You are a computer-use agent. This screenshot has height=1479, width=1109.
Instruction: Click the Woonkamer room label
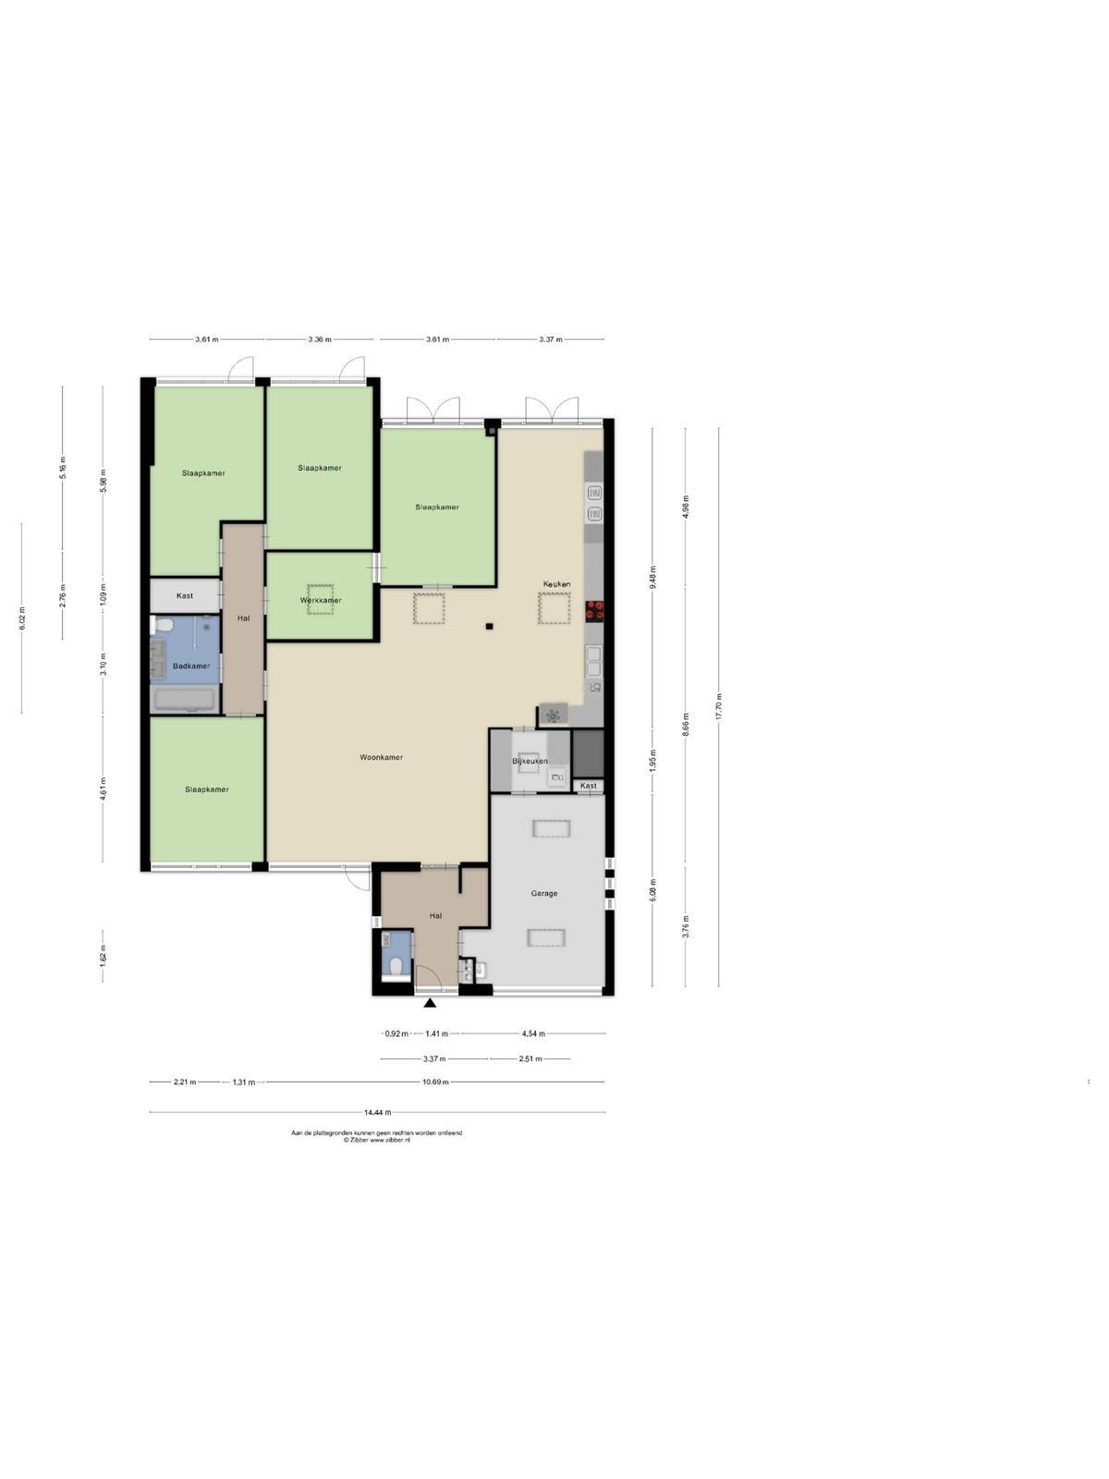coord(381,757)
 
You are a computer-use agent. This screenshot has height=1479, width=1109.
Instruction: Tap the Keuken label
coord(557,584)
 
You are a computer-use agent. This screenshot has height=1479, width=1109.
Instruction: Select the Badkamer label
coord(191,666)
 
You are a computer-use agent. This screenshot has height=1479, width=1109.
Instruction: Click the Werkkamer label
coord(321,600)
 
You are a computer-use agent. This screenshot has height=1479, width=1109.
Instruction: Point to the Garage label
coord(544,894)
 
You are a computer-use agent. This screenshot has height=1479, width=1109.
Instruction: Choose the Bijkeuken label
coord(530,762)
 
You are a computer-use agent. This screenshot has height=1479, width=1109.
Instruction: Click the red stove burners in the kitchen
coord(594,611)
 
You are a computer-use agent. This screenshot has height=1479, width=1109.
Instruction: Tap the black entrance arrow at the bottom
coord(430,1003)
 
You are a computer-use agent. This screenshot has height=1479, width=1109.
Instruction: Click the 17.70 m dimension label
coord(718,707)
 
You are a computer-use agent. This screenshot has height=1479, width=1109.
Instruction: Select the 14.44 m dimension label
coord(377,1112)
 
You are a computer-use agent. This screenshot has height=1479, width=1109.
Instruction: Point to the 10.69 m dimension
coord(435,1082)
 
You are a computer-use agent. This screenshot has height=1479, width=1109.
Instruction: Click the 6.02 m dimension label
coord(21,618)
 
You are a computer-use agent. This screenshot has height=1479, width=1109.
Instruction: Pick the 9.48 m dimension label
coord(652,578)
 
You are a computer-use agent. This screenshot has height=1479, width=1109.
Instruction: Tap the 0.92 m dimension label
coord(396,1033)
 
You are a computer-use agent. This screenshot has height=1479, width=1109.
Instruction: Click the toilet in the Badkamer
coord(162,625)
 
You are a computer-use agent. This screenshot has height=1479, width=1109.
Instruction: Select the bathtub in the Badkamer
coord(184,701)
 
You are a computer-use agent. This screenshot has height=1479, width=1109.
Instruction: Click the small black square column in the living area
coord(490,627)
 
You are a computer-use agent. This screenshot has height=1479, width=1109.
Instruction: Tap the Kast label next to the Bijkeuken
coord(588,786)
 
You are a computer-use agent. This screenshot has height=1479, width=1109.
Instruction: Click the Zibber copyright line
coord(376,1140)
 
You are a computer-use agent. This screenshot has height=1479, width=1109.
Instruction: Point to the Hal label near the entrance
coord(435,916)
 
